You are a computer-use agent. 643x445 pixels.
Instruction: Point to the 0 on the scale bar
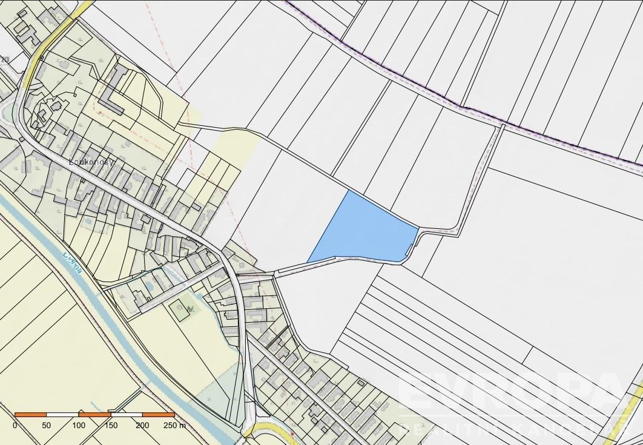coord(15,426)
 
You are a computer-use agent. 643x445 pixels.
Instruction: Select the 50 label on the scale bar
coord(47,426)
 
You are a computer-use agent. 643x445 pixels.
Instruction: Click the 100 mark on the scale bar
coord(79,426)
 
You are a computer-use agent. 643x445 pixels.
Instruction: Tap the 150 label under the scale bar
coord(111,426)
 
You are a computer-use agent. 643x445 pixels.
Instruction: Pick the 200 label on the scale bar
coord(142,426)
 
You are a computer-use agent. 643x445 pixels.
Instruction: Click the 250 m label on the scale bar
coord(175,426)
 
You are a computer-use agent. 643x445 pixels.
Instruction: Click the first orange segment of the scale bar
coord(30,415)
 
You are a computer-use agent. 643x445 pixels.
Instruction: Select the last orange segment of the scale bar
coord(159,415)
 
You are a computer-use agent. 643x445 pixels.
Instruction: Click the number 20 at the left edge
coord(5,59)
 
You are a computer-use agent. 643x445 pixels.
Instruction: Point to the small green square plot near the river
coord(180,311)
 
